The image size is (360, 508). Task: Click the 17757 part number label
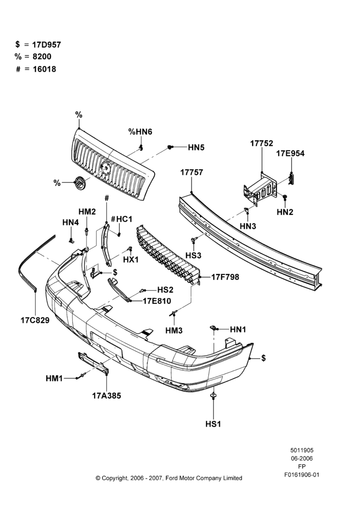192,172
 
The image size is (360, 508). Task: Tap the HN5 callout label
196,147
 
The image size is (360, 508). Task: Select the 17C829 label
35,320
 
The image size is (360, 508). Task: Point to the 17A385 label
106,396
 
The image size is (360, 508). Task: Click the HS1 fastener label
213,424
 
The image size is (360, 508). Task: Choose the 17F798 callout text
225,277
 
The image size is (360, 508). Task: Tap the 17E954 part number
290,153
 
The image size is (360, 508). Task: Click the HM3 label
174,331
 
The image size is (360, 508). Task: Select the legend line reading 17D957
38,45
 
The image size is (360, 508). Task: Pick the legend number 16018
36,69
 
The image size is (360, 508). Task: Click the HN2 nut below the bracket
285,197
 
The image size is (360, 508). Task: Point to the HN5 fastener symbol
170,147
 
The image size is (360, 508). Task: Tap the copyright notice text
169,478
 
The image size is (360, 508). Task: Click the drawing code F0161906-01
302,474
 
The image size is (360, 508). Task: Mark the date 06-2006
302,458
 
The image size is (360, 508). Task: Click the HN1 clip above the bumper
214,328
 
